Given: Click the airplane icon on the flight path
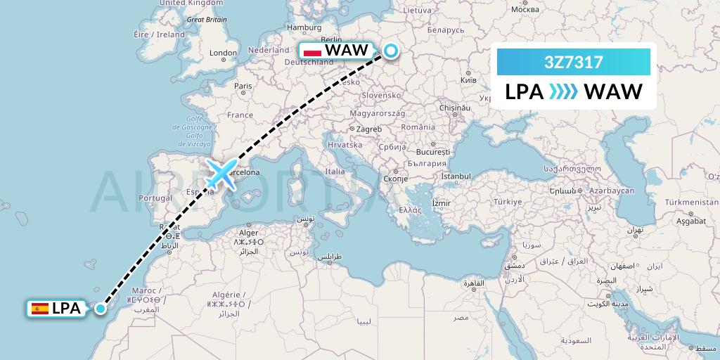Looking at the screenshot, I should (x=221, y=175).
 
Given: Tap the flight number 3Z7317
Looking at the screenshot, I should (x=573, y=62).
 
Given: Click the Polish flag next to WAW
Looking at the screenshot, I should (x=311, y=51).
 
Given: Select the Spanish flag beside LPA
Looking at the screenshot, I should (x=40, y=308).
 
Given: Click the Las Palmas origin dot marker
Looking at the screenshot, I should (x=101, y=308).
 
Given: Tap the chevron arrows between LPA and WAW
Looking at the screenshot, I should (x=563, y=92).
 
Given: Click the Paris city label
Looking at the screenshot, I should (x=243, y=86).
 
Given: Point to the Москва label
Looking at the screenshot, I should (x=525, y=9).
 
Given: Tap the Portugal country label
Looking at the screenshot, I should (x=155, y=198).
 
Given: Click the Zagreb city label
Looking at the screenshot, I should (x=368, y=129).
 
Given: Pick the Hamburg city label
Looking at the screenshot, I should (x=304, y=28).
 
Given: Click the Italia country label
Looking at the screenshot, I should (x=335, y=171).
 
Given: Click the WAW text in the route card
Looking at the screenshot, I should (x=613, y=92).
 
